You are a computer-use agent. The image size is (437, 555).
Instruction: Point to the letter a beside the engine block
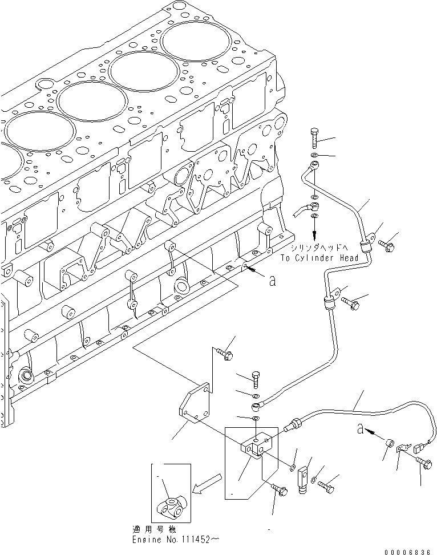(272, 280)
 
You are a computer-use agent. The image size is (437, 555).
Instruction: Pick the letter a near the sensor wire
(361, 428)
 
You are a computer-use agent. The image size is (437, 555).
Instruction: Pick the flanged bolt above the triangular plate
(224, 355)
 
